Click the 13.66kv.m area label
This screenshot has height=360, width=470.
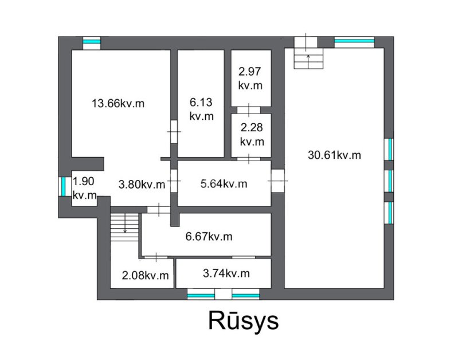[118, 104]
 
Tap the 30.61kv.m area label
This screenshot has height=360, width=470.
[334, 155]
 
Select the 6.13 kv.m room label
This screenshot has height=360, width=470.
[201, 109]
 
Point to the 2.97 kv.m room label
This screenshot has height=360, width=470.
[250, 79]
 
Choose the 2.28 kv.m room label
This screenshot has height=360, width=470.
[252, 134]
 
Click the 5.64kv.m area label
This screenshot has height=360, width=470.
[224, 184]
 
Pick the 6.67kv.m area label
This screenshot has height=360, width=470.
[209, 237]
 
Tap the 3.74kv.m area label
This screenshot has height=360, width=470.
[226, 273]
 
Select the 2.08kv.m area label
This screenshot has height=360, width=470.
[145, 275]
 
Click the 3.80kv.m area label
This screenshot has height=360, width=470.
[142, 185]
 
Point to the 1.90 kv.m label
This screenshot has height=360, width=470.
[84, 188]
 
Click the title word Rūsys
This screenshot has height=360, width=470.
[244, 321]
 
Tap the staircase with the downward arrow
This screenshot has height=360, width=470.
[125, 228]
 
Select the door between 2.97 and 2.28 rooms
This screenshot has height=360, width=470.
[249, 110]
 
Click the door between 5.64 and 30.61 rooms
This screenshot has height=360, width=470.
[277, 181]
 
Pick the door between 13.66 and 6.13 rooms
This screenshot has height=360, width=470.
[174, 132]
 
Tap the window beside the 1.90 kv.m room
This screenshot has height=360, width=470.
[64, 186]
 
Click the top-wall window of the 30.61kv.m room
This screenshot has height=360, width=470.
[354, 41]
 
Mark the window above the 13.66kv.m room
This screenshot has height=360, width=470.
[92, 41]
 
